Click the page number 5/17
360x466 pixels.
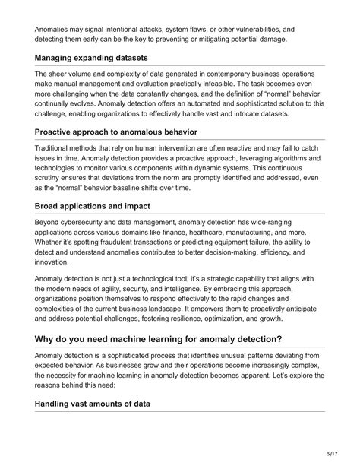point(336,455)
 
